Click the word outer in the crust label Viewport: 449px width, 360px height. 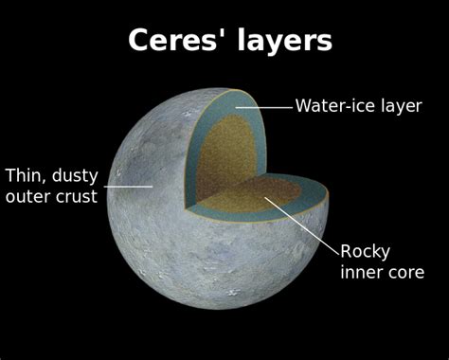[x=27, y=197]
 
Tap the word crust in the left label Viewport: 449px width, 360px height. [x=75, y=197]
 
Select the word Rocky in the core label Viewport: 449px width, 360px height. [x=365, y=251]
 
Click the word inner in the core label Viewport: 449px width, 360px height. [x=361, y=273]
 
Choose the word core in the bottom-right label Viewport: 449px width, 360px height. [x=404, y=273]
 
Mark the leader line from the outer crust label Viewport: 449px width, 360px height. [x=128, y=187]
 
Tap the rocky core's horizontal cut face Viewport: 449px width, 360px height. [x=251, y=194]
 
